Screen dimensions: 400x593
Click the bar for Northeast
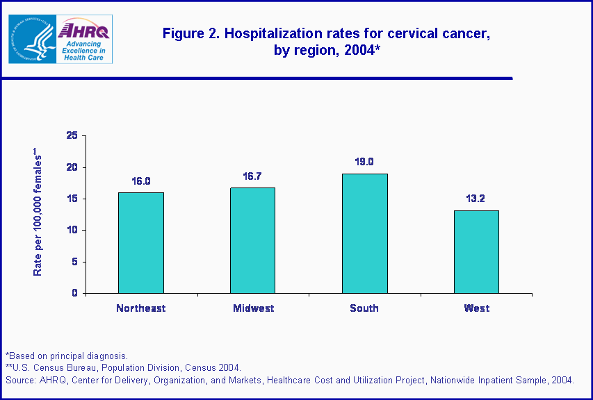pos(141,243)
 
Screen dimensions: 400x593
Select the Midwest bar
pos(253,240)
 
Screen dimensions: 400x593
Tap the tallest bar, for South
pos(364,233)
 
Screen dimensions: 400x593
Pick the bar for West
pos(476,251)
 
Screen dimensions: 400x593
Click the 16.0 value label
pos(141,181)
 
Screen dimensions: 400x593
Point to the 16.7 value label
pos(253,177)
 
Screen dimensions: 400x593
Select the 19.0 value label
pos(364,162)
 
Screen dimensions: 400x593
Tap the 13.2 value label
pos(476,198)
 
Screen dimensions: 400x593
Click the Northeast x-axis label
pos(141,308)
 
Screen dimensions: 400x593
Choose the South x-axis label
pos(364,308)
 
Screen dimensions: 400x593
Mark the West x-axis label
pos(476,308)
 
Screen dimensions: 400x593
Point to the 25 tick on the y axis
pos(72,136)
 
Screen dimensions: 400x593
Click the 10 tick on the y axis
pos(72,231)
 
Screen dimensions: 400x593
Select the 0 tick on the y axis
pos(74,293)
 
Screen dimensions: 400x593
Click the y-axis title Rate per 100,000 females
pos(38,215)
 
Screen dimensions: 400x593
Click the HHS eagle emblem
pos(31,39)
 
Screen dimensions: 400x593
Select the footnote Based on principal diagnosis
pos(67,356)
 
